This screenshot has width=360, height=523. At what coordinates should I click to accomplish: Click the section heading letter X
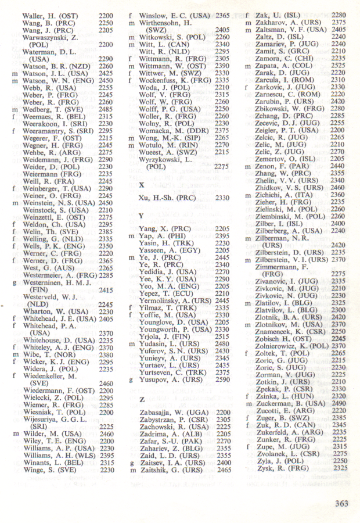point(142,184)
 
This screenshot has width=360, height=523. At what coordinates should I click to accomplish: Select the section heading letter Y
point(142,216)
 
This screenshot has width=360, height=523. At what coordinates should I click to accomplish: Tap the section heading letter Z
point(142,400)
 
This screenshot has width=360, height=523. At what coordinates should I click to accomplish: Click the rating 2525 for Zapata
point(339,66)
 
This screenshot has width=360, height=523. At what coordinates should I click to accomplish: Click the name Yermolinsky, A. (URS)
point(176,300)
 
